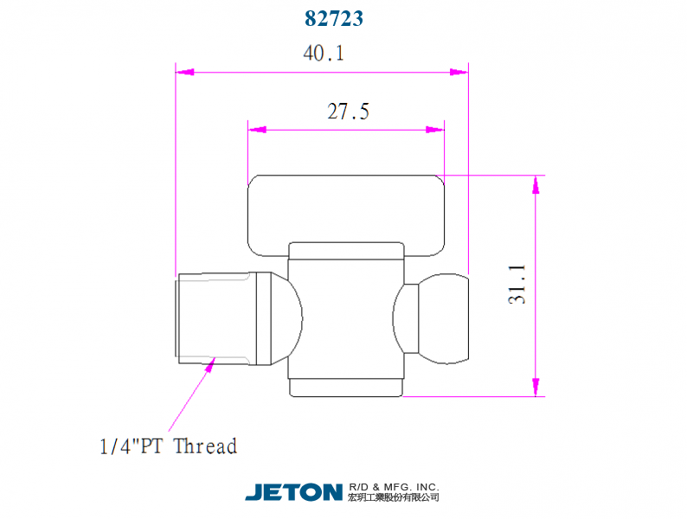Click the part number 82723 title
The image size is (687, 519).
point(334,18)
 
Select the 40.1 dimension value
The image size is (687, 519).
point(324,54)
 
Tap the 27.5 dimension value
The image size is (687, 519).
point(348,112)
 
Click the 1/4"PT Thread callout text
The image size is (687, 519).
point(168,446)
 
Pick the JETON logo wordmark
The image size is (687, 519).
point(293,492)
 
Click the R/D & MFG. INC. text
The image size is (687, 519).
point(393,486)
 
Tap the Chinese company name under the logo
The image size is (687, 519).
point(393,497)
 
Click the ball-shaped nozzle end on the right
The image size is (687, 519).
point(443,317)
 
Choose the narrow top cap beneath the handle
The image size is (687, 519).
point(346,250)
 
